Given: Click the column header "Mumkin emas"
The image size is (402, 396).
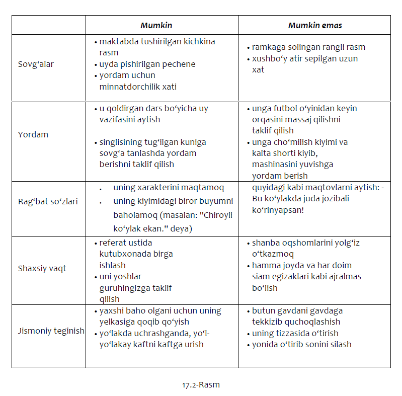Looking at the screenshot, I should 315,25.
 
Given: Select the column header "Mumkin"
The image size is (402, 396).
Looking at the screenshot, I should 156,25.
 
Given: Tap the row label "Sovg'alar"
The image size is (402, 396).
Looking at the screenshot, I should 36,64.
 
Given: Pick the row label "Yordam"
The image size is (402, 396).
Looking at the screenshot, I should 33,135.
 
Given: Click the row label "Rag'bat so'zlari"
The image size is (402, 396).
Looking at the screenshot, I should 48,202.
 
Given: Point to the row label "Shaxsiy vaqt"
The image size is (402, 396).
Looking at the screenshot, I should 42,268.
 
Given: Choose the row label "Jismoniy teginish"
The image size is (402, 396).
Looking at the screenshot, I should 51,331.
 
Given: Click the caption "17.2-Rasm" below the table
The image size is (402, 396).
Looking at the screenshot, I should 201,385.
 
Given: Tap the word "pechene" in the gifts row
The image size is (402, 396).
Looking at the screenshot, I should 180,64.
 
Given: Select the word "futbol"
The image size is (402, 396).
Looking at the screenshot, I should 286,109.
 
